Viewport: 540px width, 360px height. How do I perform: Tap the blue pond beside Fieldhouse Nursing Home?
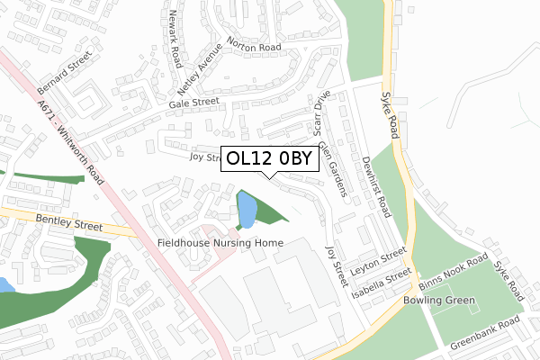coord(246,211)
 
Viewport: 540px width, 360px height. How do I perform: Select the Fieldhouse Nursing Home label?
coord(220,243)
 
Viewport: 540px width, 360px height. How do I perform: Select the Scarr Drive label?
coord(321,112)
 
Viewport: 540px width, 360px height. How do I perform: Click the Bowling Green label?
coord(436,300)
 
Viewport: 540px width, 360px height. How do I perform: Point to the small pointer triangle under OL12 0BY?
coord(270,175)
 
